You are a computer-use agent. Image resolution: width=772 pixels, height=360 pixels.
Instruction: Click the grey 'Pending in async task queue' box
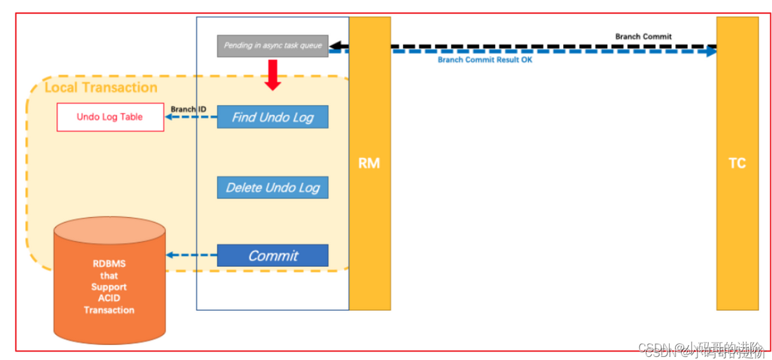tap(272, 46)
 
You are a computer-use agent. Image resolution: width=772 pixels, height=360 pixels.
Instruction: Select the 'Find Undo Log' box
tap(272, 117)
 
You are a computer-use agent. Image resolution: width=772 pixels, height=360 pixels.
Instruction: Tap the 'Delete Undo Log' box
tap(272, 187)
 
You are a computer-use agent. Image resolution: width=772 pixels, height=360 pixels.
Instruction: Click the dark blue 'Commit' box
tap(272, 255)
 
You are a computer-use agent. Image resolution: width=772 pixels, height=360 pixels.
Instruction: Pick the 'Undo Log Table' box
tap(110, 117)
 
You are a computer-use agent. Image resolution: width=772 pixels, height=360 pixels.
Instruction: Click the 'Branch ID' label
tap(188, 109)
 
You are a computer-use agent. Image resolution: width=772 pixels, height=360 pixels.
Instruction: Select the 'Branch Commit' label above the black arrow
tap(643, 37)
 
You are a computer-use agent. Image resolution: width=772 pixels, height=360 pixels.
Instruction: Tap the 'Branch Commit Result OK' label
tap(485, 60)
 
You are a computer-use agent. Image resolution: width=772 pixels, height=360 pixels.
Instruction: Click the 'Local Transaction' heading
tap(101, 87)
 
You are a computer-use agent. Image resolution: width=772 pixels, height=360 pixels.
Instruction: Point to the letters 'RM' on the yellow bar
tap(369, 164)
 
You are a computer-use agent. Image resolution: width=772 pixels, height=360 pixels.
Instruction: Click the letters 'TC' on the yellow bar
tap(737, 164)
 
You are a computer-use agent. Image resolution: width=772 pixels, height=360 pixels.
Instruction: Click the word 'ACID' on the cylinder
tap(109, 298)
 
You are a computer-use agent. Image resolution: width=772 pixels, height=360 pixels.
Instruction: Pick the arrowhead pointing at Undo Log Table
tap(169, 118)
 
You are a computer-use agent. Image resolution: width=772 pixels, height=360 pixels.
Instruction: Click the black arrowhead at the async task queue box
tap(334, 46)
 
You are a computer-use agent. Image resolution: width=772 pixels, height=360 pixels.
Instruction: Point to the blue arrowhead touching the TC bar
tap(713, 52)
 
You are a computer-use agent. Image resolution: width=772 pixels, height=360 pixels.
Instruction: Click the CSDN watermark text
tap(701, 348)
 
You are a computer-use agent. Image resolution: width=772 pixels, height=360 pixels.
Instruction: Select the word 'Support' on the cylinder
tap(109, 286)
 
